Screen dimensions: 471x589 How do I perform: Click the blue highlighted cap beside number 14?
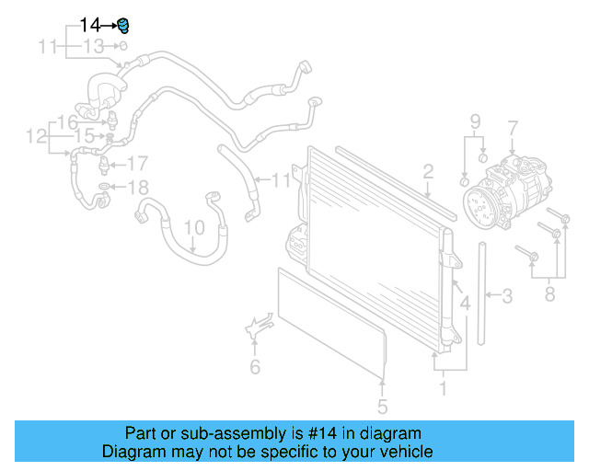point(123,24)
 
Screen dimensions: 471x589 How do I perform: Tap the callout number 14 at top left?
point(91,25)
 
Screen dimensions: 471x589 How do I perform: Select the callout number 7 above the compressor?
point(513,128)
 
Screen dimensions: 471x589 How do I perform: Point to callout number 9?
point(475,121)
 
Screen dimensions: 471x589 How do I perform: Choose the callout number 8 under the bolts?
point(549,294)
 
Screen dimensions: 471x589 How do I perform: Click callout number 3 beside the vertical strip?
point(507,296)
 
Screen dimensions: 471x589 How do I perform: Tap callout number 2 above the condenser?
point(428,170)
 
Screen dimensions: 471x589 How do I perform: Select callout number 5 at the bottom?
point(383,406)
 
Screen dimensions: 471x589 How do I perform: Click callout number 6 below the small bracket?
point(255,368)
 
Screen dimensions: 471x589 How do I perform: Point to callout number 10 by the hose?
point(193,226)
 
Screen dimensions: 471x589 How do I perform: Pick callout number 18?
point(136,188)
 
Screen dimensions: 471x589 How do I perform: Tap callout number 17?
point(136,165)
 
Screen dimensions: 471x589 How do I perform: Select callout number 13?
point(94,45)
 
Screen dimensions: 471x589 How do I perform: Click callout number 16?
point(68,122)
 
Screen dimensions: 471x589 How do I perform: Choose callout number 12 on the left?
point(36,137)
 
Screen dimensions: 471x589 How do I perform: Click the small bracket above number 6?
point(259,327)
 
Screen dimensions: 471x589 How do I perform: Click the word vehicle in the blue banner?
point(402,452)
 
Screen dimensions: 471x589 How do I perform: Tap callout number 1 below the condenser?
point(443,388)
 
